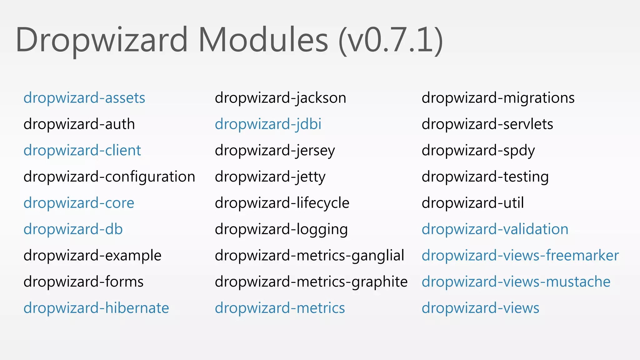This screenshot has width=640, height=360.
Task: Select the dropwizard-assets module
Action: [x=84, y=98]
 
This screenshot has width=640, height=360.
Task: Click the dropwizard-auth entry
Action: [x=79, y=124]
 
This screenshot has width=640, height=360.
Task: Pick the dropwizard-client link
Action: [x=82, y=151]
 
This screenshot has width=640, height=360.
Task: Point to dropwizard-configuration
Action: [x=109, y=177]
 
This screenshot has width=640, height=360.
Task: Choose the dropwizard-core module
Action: [x=79, y=203]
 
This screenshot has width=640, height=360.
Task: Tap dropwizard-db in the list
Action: [x=73, y=229]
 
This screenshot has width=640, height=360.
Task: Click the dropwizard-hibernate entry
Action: [x=96, y=308]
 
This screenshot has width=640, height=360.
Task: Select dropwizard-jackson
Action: [x=280, y=98]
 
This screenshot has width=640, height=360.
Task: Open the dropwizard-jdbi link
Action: [x=268, y=124]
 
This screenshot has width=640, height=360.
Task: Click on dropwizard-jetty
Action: [x=270, y=177]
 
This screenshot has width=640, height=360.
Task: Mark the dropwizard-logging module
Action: [x=281, y=229]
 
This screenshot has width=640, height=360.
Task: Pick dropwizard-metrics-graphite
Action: [x=311, y=282]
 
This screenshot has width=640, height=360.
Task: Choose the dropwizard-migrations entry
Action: [x=498, y=98]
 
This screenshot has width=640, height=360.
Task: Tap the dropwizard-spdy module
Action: [x=478, y=151]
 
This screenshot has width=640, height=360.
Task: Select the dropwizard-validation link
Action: [x=495, y=229]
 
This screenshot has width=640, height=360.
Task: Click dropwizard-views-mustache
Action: [x=516, y=282]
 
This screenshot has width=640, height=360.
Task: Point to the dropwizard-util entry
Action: [x=472, y=203]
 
